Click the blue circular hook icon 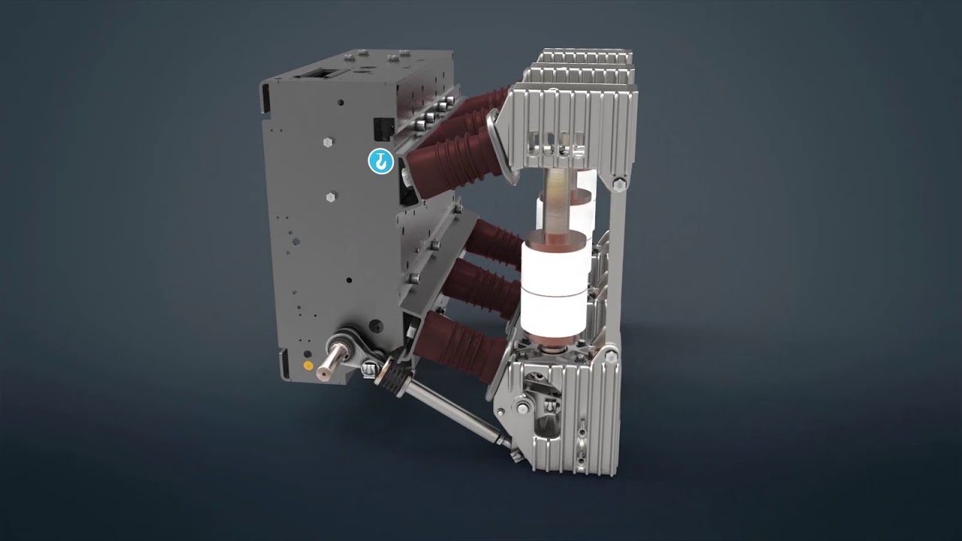(x=381, y=161)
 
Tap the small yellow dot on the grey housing (x=307, y=366)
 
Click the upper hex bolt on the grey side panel (x=328, y=141)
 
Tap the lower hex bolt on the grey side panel (x=331, y=198)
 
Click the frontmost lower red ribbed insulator (x=455, y=345)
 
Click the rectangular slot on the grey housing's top (x=317, y=74)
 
